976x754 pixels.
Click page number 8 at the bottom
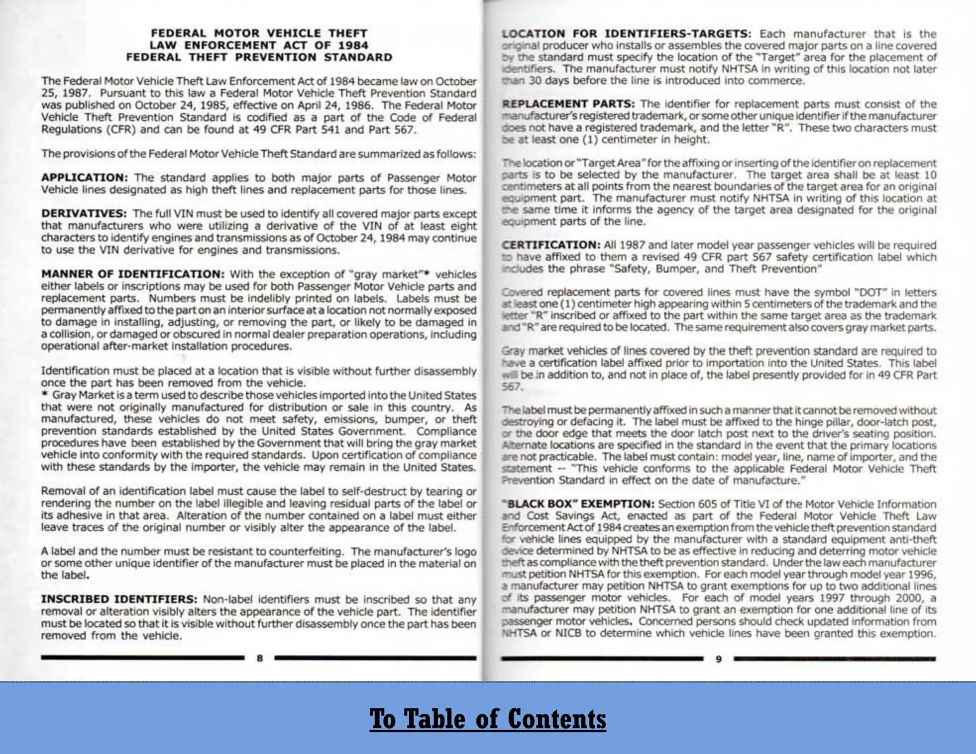[x=260, y=658]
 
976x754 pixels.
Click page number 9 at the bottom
[x=718, y=658]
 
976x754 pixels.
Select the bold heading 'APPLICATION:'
[x=84, y=178]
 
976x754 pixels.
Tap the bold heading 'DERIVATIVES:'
[x=84, y=214]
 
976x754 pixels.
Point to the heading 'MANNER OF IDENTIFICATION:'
[x=133, y=274]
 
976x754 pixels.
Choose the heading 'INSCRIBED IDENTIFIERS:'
[x=119, y=599]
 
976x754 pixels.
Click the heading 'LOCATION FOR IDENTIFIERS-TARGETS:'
[x=626, y=34]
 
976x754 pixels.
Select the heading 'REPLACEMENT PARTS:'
[x=568, y=104]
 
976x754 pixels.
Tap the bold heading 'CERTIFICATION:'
[x=551, y=245]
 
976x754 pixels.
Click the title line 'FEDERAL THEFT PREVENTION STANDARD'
[x=259, y=57]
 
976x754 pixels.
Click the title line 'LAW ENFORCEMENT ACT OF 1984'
[x=259, y=45]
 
